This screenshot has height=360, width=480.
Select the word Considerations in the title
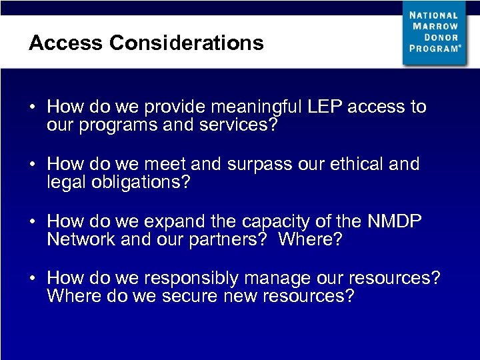[x=186, y=43]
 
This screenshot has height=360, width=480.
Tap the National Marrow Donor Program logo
[x=434, y=33]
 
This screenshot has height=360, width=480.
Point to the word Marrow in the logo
[x=435, y=26]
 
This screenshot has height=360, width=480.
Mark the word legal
[x=64, y=183]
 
